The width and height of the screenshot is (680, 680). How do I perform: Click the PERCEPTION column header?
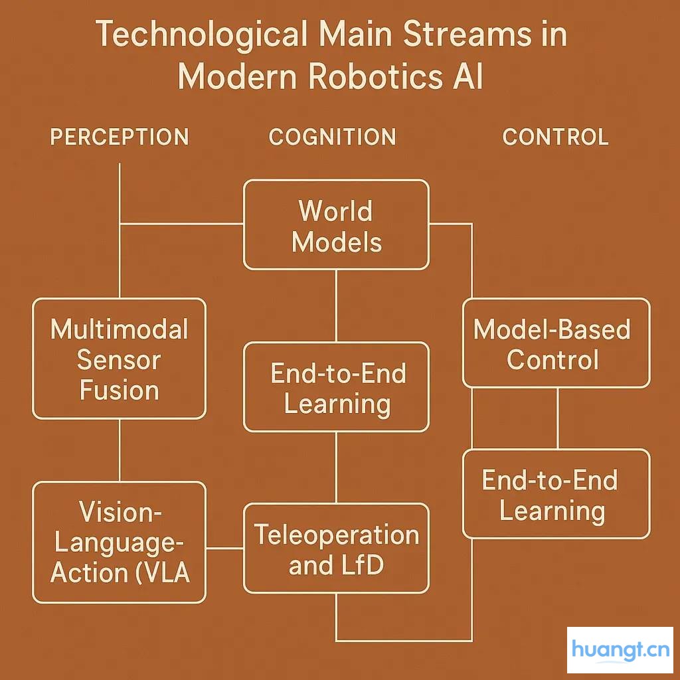click(120, 137)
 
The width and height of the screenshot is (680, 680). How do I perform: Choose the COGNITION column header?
click(332, 137)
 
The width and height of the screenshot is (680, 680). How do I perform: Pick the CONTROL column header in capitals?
click(555, 137)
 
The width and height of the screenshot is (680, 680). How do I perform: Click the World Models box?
click(336, 225)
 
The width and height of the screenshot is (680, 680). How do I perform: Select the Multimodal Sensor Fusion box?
click(119, 359)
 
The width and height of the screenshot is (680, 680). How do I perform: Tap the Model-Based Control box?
click(556, 343)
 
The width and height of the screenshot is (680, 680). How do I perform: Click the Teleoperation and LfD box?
click(336, 549)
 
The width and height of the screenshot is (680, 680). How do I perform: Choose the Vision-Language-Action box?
click(119, 542)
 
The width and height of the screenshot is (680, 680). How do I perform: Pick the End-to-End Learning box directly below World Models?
click(336, 387)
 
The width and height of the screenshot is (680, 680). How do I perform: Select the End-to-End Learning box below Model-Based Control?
click(556, 494)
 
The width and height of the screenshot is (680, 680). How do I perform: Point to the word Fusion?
click(120, 390)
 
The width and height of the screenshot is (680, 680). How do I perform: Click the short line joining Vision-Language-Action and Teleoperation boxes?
click(224, 549)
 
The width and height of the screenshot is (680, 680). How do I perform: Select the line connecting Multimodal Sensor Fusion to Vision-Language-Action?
click(120, 450)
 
